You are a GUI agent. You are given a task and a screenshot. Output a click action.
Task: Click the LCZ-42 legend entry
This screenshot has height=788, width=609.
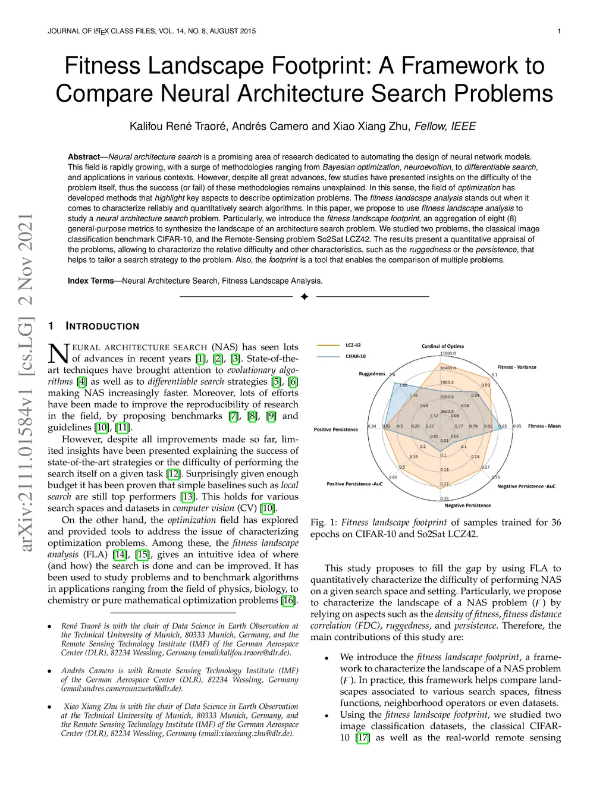pos(353,345)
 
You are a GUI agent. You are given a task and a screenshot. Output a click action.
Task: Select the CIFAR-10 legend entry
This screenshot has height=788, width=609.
pos(356,356)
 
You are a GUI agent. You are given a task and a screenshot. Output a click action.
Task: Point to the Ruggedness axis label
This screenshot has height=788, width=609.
pos(372,373)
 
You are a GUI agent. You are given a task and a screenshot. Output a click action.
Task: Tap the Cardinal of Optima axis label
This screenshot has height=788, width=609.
pos(442,346)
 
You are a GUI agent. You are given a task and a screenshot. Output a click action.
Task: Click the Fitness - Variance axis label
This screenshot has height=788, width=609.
pos(516,367)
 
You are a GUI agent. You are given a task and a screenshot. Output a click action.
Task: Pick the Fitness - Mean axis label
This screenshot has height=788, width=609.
pos(544,426)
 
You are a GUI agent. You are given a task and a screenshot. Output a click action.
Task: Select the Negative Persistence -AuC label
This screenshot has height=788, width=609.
pos(526,486)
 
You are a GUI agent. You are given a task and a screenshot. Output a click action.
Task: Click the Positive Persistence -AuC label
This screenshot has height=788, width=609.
pos(354,484)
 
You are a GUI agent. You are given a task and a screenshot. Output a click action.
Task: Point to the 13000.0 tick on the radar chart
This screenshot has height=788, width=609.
pos(448,353)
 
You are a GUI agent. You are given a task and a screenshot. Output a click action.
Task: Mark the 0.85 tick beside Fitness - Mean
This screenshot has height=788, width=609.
pos(517,426)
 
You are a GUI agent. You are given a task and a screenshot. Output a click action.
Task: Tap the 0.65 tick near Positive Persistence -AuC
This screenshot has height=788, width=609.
pos(393,477)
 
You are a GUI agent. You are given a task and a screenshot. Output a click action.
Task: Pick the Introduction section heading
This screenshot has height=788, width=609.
pos(102,326)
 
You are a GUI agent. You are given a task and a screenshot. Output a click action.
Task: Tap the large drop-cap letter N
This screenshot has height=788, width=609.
pos(58,353)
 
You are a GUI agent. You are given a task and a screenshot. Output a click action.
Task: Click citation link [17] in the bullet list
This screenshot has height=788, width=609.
pos(362,738)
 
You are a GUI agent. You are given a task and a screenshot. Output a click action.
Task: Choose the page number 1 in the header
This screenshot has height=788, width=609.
pos(559,31)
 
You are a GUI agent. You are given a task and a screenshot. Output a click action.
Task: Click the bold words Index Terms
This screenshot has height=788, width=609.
pos(90,281)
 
